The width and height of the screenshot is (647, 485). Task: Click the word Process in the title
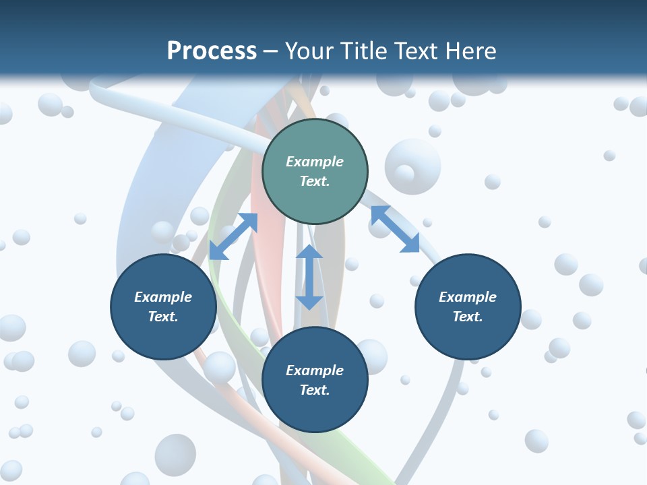click(212, 51)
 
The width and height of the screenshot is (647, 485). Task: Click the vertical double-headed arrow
click(309, 277)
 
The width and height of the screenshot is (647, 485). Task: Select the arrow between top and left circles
click(233, 236)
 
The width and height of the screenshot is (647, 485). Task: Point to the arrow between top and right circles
click(395, 229)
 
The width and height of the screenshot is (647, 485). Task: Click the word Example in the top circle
click(315, 162)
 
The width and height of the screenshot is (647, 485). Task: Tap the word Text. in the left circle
click(163, 317)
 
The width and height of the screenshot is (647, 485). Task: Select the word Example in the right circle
click(468, 297)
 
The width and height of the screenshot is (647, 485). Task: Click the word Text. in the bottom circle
click(315, 390)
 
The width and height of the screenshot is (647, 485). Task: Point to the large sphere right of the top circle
click(412, 166)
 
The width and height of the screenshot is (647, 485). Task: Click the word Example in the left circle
click(163, 297)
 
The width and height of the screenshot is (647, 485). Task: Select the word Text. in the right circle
click(468, 317)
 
